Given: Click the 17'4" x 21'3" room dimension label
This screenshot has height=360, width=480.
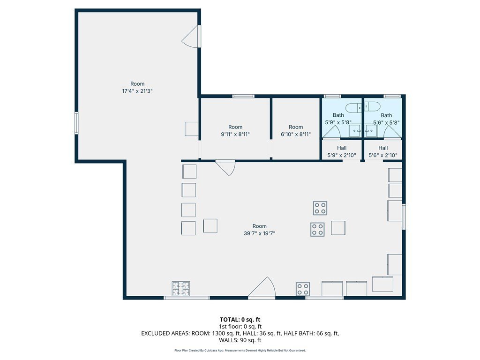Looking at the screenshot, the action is (x=137, y=91).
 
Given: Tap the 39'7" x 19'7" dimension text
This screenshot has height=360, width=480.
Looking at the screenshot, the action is (x=260, y=233).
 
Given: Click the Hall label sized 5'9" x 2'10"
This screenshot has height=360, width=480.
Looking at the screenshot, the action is (x=342, y=151).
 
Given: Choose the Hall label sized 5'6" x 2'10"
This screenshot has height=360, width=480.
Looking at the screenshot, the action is (x=383, y=151).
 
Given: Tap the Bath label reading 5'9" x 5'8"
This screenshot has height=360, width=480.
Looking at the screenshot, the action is (x=338, y=119).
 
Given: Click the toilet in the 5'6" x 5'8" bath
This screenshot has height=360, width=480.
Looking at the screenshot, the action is (x=372, y=107).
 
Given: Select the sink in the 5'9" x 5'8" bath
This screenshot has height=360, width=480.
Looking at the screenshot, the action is (x=355, y=131).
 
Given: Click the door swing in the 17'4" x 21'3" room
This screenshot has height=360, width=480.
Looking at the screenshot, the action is (x=190, y=37).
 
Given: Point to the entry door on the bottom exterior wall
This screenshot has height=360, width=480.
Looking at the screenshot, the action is (x=262, y=287).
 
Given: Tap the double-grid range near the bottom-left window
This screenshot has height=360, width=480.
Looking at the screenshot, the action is (x=180, y=288).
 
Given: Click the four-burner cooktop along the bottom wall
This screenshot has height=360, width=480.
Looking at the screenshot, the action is (x=303, y=289).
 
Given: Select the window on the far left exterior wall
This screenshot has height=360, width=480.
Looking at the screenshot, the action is (x=76, y=123).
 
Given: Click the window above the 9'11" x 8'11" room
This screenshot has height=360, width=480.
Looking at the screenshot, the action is (x=243, y=97).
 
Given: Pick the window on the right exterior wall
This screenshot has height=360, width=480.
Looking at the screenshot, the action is (x=404, y=217).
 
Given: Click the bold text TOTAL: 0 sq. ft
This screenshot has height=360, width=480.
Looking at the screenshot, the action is (x=240, y=320).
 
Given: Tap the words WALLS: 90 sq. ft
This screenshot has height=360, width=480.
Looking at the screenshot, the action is (x=240, y=340).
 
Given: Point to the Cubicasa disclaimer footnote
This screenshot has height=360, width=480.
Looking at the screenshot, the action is (x=240, y=351).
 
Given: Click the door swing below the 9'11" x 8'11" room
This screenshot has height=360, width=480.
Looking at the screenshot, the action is (x=225, y=168).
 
